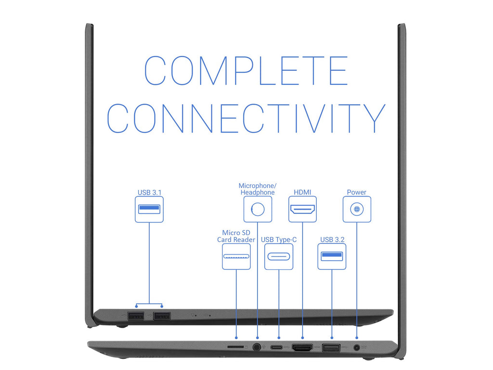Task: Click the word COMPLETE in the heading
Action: [x=246, y=71]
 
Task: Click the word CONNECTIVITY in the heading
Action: [x=246, y=118]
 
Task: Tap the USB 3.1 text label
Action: [x=149, y=192]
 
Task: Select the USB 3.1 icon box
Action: [x=149, y=209]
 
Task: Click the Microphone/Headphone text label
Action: [x=258, y=189]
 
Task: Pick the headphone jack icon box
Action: [x=258, y=209]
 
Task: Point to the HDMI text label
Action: [x=302, y=192]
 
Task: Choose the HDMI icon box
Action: [x=302, y=209]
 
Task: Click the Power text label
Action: [x=356, y=192]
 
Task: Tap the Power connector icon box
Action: [x=357, y=209]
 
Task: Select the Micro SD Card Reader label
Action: [x=236, y=236]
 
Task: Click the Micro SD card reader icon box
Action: [x=236, y=256]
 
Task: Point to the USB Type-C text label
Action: [x=279, y=239]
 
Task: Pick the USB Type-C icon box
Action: [x=279, y=256]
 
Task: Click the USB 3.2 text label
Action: [x=332, y=239]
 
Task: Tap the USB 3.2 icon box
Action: [x=332, y=256]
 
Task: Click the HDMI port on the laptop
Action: [x=302, y=347]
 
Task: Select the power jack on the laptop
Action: [x=357, y=347]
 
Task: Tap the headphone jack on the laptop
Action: [x=257, y=346]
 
